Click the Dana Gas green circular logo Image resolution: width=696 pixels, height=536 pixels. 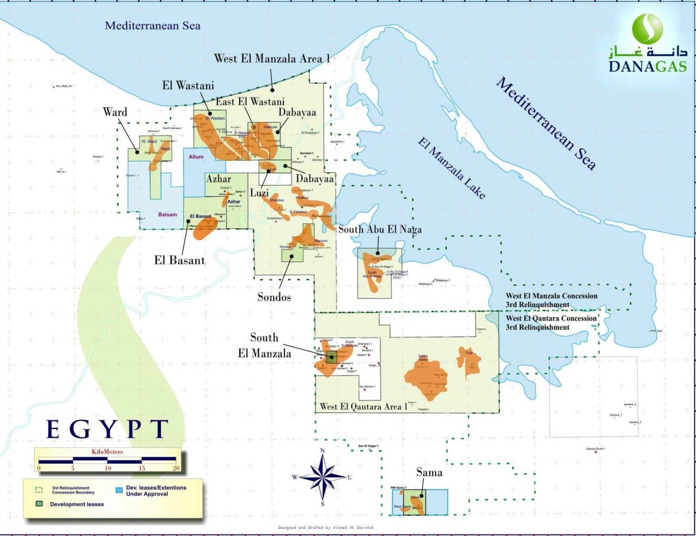coord(647,29)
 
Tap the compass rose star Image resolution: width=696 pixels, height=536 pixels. coord(322,477)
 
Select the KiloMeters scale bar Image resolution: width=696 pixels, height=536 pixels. coord(108,460)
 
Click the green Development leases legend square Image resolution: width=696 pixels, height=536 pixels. coord(39,504)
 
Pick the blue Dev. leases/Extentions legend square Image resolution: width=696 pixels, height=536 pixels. coord(119,490)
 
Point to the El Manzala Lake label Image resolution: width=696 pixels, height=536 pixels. coord(451,169)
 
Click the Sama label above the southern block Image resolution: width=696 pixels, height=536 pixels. coord(429,472)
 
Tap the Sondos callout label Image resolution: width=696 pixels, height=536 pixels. coord(274,297)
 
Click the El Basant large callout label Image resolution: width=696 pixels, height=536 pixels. coord(179,260)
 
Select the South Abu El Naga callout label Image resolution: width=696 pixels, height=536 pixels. coord(380,229)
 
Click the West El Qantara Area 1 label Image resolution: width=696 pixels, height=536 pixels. coord(363,406)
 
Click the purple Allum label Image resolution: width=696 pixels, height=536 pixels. coord(196,157)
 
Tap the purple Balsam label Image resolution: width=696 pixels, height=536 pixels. coord(167,214)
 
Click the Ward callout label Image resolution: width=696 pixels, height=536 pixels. coord(115,112)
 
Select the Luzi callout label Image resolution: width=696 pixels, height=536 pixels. coord(259,193)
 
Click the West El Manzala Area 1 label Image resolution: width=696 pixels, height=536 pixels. coord(272,59)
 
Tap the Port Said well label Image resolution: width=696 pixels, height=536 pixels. coord(656,331)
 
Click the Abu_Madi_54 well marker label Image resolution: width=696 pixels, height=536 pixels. coord(64,86)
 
